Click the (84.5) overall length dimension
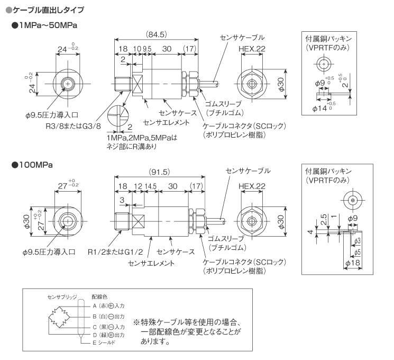click(157, 34)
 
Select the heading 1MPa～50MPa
click(51, 25)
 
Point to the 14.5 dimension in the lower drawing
click(151, 186)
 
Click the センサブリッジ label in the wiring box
click(62, 297)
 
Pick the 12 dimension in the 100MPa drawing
click(137, 186)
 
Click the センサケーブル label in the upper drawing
click(241, 37)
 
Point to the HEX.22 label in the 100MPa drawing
click(251, 186)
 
